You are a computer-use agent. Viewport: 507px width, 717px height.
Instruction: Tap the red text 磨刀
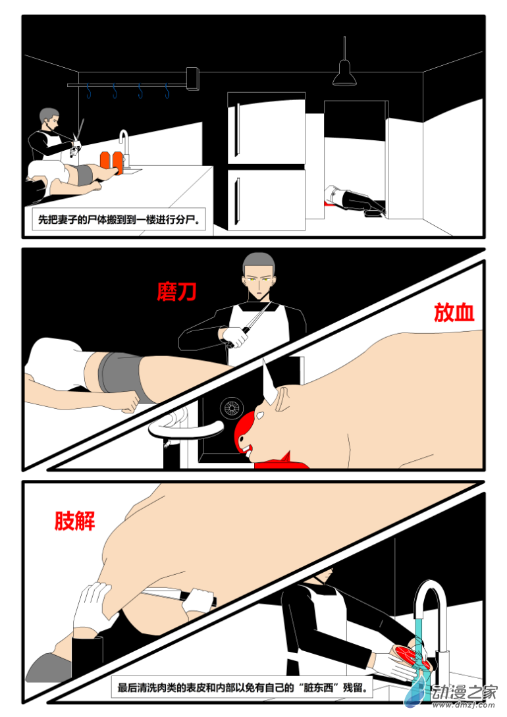point(176,291)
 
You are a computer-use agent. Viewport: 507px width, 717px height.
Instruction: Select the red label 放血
point(454,313)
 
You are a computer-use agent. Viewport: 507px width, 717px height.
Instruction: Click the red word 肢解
point(74,521)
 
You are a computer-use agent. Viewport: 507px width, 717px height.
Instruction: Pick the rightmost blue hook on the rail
point(167,90)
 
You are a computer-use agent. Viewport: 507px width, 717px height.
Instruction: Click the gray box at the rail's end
point(192,78)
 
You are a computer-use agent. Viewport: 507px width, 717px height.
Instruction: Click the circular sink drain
point(232,408)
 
